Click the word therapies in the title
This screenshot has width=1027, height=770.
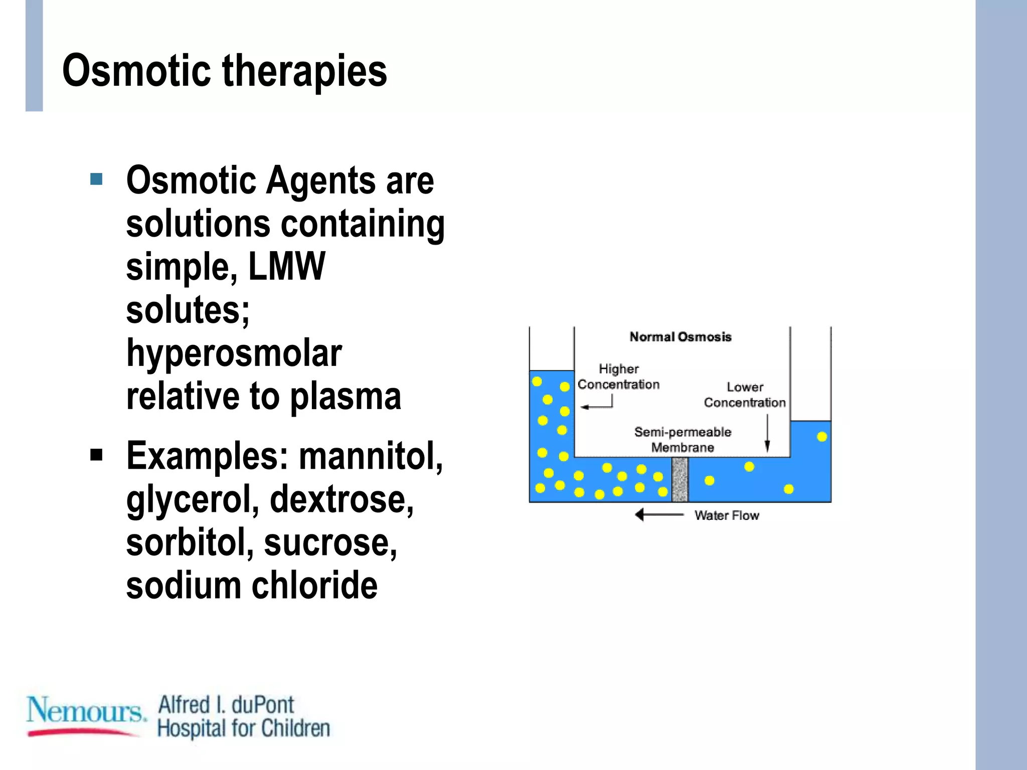pos(304,71)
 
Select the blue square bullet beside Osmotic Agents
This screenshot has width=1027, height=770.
pos(96,179)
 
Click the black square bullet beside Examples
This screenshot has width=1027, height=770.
pos(96,455)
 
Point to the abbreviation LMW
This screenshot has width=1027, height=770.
pos(286,266)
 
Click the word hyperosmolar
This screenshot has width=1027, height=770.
pos(234,353)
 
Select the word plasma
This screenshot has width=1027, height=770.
pos(346,396)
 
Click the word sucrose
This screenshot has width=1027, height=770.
pos(330,542)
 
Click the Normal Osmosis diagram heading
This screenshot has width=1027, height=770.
pos(680,337)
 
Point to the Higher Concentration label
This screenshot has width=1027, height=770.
pos(618,377)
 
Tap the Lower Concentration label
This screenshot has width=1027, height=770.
pos(745,395)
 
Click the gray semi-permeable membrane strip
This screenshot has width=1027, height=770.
pos(679,479)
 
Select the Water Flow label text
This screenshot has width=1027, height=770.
pos(726,515)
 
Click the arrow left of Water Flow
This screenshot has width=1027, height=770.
pos(659,515)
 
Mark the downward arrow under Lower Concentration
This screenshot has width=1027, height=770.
pos(767,434)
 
